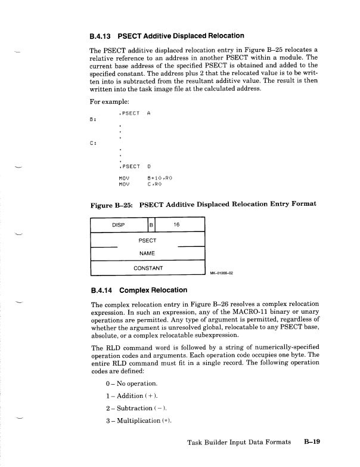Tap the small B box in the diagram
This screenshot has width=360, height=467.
pos(151,225)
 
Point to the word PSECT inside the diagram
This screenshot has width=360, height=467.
pos(147,240)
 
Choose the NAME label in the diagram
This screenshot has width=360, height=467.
pos(147,253)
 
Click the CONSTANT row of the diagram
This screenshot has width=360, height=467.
pos(148,268)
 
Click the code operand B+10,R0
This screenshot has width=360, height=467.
pos(160,178)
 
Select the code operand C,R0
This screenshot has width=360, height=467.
pos(155,184)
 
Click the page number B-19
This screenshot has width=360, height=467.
pos(312,442)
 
